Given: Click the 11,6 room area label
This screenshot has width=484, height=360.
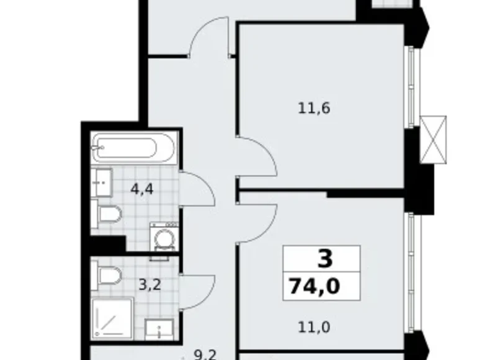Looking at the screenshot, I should (x=314, y=108).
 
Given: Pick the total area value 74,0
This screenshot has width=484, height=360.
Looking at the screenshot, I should (x=314, y=287).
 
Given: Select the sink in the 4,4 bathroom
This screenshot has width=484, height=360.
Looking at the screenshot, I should (x=101, y=182).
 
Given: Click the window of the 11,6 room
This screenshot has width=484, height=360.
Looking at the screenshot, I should (x=410, y=88).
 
